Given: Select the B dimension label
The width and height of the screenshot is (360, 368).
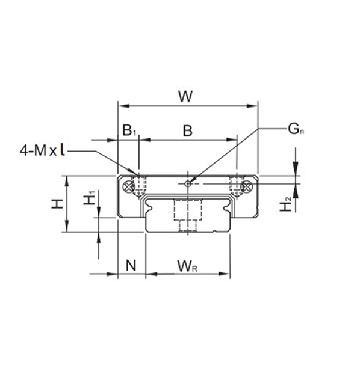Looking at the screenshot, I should tap(187, 130).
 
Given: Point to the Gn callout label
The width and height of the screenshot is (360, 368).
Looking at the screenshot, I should tap(295, 128).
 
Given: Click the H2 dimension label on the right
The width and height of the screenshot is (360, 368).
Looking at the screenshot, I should tap(287, 204).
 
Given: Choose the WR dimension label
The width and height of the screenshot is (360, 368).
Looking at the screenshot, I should tap(188, 264).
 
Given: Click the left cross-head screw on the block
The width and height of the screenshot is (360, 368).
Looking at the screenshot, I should tap(129, 187).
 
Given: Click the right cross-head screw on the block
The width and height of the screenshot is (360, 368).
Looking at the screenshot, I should tap(246, 187).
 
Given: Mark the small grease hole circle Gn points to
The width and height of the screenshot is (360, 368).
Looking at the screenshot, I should tap(188, 183).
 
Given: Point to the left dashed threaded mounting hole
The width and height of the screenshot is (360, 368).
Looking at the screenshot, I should tap(141, 186).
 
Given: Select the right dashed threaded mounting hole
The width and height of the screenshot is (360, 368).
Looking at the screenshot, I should tap(236, 186).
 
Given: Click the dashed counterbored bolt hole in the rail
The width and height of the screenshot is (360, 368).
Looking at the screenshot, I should tap(187, 214).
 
